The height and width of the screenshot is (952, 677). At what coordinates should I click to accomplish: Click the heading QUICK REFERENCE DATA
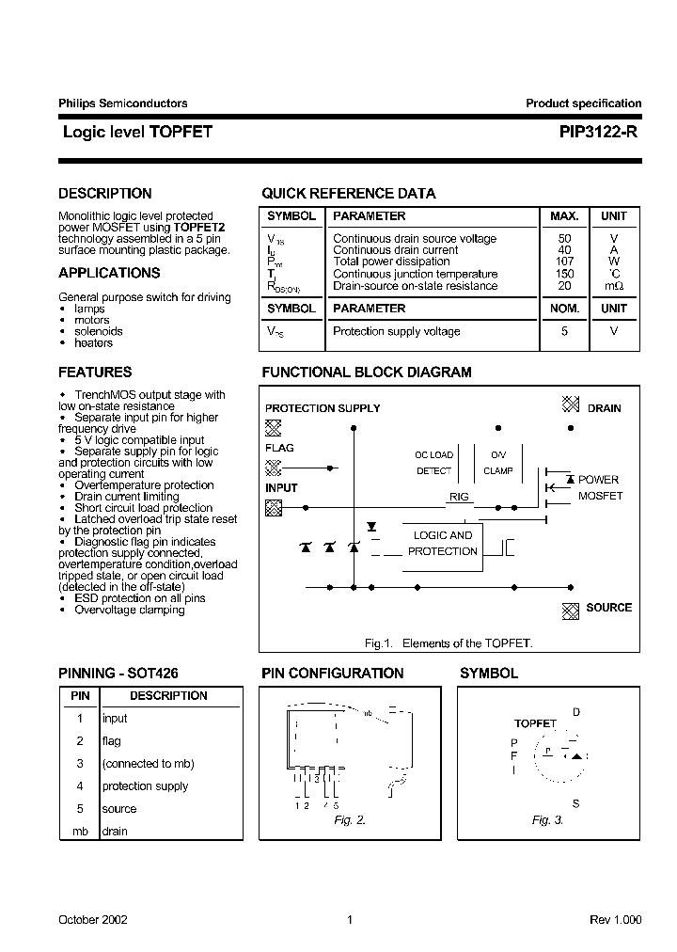(x=348, y=194)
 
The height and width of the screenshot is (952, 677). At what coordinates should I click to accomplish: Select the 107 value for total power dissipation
(x=564, y=262)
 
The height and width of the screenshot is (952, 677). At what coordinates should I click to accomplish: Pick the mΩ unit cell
(x=613, y=286)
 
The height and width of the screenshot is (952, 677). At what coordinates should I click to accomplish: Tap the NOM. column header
(x=564, y=309)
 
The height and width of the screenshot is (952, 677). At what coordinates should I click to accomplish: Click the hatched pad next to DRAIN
(x=570, y=404)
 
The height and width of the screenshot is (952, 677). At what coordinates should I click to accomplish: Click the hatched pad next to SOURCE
(x=570, y=610)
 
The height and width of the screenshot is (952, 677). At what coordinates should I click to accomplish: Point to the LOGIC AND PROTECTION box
(x=443, y=544)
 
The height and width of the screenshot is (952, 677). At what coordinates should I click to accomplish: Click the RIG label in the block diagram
(x=459, y=497)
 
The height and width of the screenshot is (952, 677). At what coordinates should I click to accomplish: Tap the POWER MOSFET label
(x=599, y=487)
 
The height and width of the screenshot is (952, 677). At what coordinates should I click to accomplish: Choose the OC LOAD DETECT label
(x=433, y=463)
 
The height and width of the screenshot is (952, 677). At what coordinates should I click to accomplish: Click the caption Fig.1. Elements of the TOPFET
(x=449, y=643)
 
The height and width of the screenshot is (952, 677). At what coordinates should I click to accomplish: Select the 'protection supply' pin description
(x=145, y=786)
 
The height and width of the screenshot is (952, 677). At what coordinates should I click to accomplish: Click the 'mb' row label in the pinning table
(x=80, y=832)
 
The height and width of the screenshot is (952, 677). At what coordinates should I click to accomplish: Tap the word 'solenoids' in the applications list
(x=99, y=332)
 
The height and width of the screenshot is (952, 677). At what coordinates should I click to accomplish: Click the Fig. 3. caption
(x=547, y=820)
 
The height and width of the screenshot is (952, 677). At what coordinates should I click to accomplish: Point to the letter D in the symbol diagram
(x=576, y=712)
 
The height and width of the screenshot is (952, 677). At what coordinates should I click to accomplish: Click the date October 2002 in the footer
(x=93, y=920)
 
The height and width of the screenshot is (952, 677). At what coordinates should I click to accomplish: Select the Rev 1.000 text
(x=616, y=920)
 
